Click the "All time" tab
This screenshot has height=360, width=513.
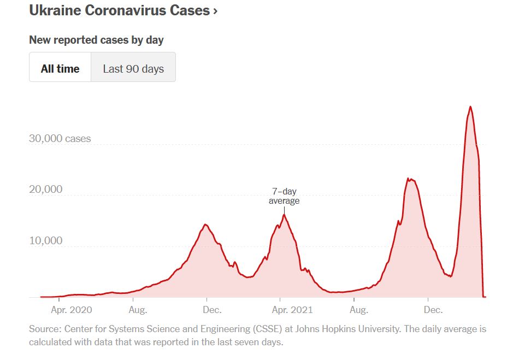[60, 69]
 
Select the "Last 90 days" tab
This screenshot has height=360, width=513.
[133, 69]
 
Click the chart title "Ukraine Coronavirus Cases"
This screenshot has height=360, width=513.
[119, 10]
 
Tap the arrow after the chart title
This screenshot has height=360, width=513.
[215, 11]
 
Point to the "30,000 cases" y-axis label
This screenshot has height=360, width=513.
[60, 139]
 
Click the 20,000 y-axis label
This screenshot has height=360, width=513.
[46, 190]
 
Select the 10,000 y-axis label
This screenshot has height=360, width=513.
[46, 241]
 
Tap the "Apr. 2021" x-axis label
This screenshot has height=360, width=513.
[292, 310]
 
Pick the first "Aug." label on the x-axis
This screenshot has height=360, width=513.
[138, 310]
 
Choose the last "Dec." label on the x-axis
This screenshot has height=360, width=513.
[433, 310]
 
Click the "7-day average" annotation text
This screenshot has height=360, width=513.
[284, 196]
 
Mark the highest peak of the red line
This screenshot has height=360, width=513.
[470, 107]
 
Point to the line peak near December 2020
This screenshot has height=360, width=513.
[205, 225]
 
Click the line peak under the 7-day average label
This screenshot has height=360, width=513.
[284, 215]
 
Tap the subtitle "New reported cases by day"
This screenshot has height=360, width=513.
[96, 40]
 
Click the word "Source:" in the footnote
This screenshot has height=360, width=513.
[45, 329]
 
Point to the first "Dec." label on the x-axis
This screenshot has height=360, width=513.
[212, 310]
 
